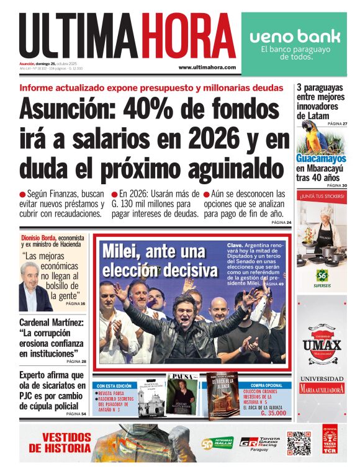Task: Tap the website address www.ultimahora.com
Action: (207, 67)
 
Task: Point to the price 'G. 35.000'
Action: (272, 413)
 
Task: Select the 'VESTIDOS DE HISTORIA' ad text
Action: (60, 442)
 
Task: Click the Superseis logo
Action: (322, 275)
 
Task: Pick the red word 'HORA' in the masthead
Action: (187, 37)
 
